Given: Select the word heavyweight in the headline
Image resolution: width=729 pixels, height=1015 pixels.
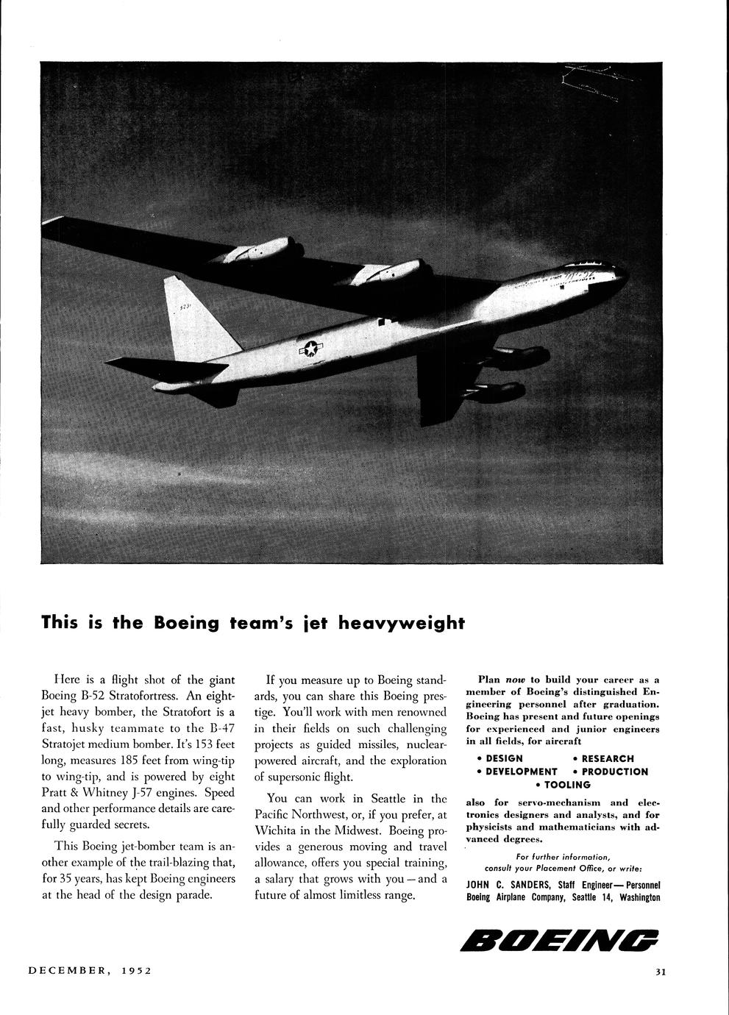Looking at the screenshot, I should [402, 623].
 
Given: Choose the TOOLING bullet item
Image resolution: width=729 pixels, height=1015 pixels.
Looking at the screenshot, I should [567, 785].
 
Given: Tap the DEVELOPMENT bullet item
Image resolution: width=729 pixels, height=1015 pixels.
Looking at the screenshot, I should [521, 772].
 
